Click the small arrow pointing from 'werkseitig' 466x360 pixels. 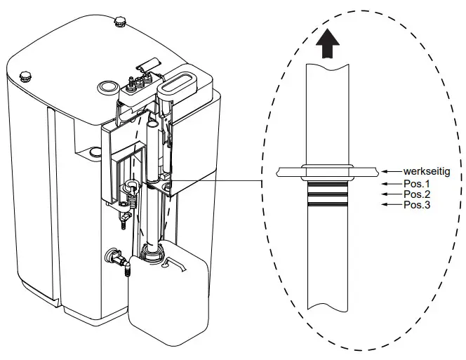pyautogui.click(x=390, y=171)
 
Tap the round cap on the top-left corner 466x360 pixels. pyautogui.click(x=26, y=75)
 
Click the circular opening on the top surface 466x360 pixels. pyautogui.click(x=107, y=86)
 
